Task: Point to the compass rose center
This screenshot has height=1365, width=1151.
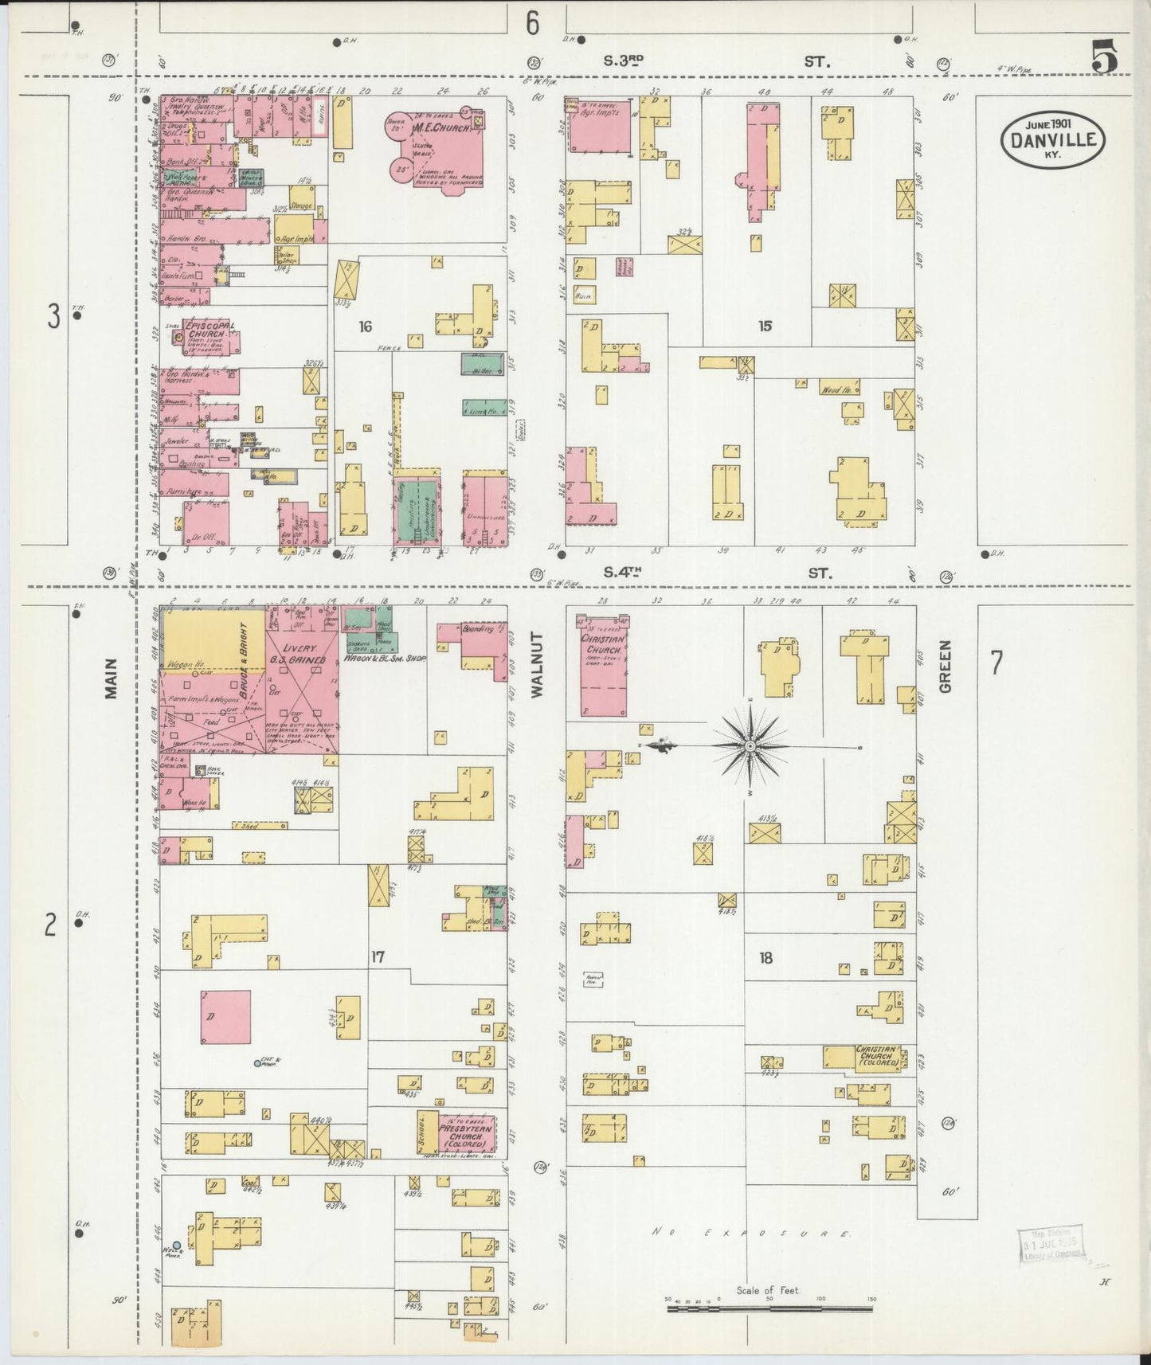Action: tap(750, 745)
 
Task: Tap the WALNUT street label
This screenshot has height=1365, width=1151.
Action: tap(535, 666)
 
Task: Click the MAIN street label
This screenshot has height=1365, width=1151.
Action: tap(110, 679)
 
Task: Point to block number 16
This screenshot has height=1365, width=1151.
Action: tap(366, 326)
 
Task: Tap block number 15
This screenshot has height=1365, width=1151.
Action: tap(765, 326)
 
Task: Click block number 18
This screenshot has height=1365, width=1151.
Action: tap(765, 958)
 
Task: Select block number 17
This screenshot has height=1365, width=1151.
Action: tap(378, 956)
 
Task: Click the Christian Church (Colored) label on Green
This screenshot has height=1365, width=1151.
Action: tap(877, 1056)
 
